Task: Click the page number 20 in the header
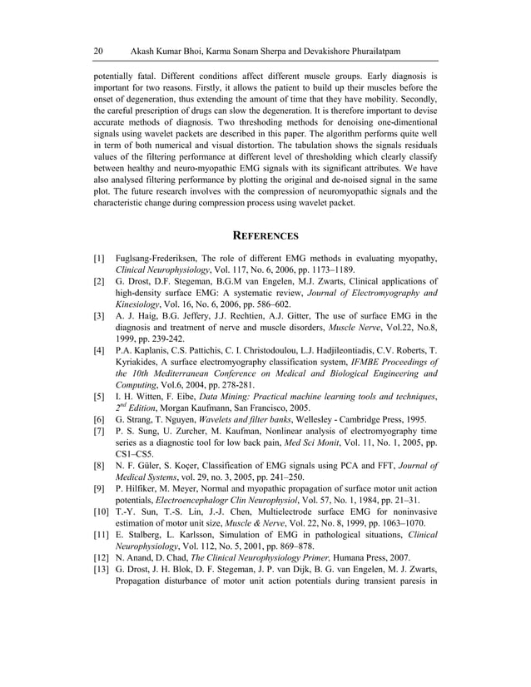98,52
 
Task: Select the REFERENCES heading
265,235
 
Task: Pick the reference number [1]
98,259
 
